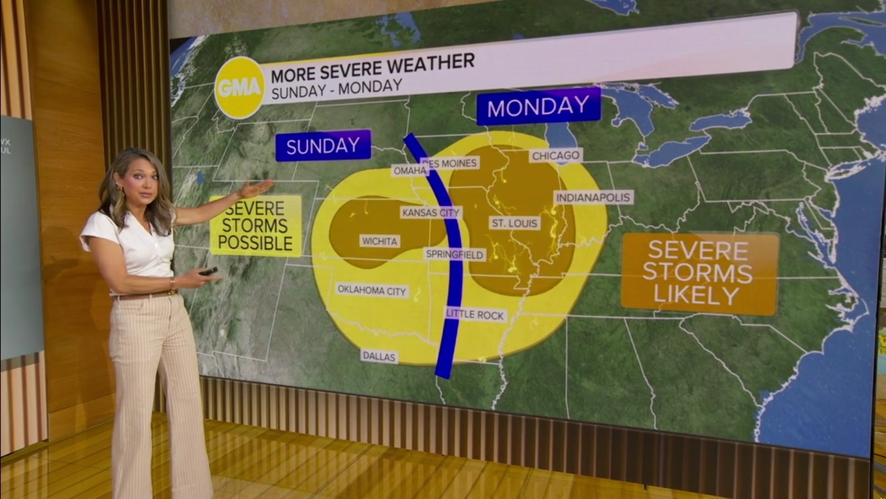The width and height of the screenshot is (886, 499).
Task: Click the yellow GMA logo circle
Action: (x=239, y=87)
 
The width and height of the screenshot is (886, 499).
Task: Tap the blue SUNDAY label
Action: (x=323, y=146)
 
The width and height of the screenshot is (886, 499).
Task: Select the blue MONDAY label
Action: (x=539, y=106)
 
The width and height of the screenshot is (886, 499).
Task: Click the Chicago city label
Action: (x=556, y=155)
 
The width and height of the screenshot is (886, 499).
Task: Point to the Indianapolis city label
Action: (x=593, y=198)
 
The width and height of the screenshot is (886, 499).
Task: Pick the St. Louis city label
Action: (x=514, y=222)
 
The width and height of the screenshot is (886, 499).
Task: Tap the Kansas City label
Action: (x=431, y=212)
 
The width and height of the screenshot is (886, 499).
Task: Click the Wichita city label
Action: (x=379, y=241)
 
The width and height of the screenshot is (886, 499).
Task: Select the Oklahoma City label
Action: (x=372, y=290)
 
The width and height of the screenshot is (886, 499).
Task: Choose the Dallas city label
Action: (x=379, y=356)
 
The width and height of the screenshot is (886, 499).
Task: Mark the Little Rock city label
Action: (x=476, y=315)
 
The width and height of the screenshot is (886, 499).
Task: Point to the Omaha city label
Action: (x=410, y=170)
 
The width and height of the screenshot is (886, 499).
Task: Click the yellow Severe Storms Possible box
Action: (x=255, y=225)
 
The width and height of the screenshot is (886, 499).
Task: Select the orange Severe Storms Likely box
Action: (x=700, y=272)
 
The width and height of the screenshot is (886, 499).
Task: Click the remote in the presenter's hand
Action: (x=208, y=272)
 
